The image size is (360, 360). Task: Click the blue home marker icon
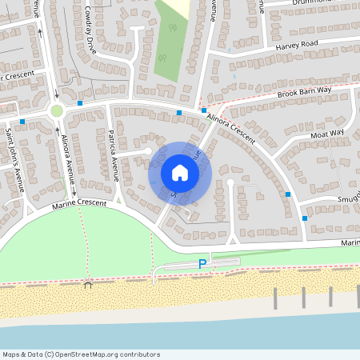click(x=180, y=172)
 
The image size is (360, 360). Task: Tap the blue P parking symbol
click(x=202, y=264)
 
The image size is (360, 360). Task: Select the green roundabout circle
click(x=57, y=111)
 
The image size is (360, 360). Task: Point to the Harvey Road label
click(x=297, y=45)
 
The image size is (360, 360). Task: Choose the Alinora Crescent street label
click(x=230, y=128)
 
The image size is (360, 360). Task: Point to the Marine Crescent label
click(x=79, y=205)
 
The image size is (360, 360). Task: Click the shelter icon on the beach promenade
click(x=88, y=283)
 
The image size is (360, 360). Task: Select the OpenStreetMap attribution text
click(x=81, y=354)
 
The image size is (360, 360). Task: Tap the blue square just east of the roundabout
click(x=81, y=103)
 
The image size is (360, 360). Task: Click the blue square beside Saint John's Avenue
click(x=22, y=122)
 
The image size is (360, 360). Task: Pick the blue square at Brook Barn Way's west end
click(x=204, y=110)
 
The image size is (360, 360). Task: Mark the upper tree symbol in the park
click(x=173, y=30)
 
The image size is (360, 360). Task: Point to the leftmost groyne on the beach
click(x=275, y=298)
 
